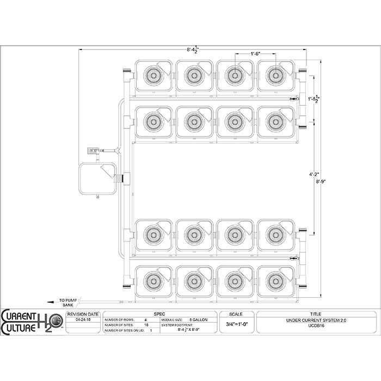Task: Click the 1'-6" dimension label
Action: click(x=255, y=54)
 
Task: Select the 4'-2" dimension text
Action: click(x=314, y=175)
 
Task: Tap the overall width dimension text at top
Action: click(x=193, y=50)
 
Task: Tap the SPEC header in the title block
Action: click(x=159, y=314)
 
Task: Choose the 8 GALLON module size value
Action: click(x=198, y=321)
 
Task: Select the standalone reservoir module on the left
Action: click(x=97, y=178)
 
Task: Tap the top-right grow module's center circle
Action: click(x=275, y=75)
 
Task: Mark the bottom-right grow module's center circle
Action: click(x=275, y=281)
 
